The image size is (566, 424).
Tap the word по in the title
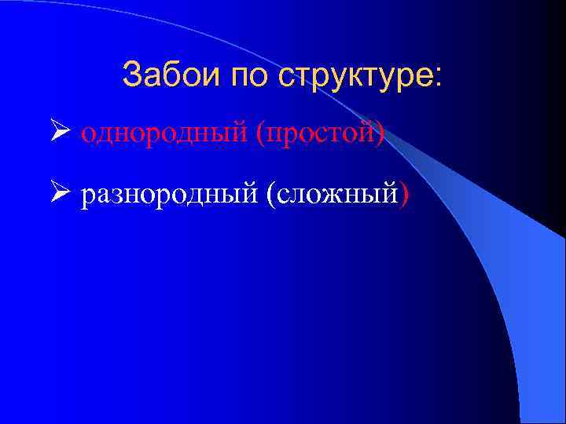(244, 75)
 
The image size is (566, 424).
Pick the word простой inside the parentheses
(319, 135)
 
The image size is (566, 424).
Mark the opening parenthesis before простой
(259, 135)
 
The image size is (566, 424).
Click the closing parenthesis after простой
(380, 135)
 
